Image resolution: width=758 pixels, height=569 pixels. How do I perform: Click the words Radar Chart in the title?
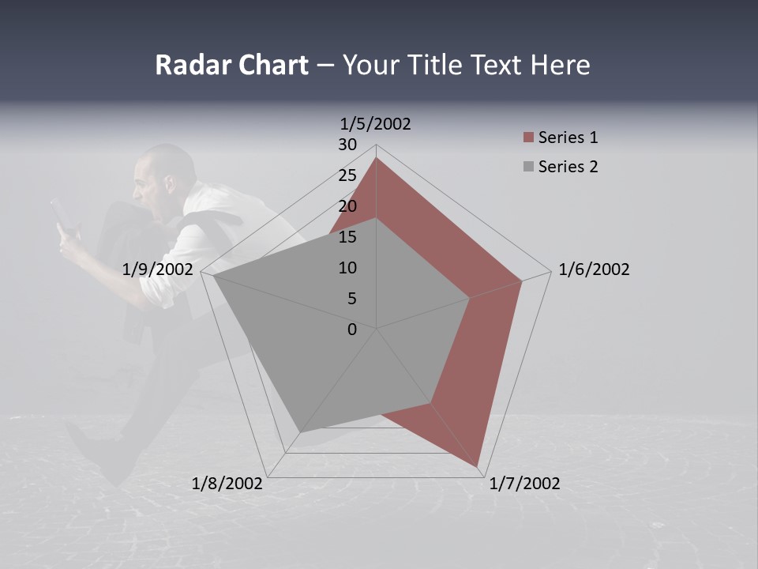coord(231,65)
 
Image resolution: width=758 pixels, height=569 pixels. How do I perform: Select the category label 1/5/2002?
coord(375,123)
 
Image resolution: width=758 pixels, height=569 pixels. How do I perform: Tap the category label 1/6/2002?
coord(594,269)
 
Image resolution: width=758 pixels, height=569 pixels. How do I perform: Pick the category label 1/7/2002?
coord(524,484)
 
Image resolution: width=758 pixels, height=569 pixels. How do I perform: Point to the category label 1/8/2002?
coord(227,484)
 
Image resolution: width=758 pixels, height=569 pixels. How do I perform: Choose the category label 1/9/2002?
coord(158,269)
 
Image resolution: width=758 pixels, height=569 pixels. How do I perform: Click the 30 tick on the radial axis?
coord(347,145)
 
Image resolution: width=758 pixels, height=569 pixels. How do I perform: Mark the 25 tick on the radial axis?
coord(347,175)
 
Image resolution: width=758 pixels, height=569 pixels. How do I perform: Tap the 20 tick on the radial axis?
coord(347,206)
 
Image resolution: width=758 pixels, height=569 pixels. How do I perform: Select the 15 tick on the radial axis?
coord(347,237)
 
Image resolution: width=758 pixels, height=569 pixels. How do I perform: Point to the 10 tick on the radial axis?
coord(347,268)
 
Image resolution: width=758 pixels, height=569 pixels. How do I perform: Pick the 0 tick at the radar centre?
coord(352,330)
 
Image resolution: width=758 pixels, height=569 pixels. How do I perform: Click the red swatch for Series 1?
coord(528,138)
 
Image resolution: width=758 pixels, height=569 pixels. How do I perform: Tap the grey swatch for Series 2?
coord(528,167)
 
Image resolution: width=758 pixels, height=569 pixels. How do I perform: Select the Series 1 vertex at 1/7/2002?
coord(478,466)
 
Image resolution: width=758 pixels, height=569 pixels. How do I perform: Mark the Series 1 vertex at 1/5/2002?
coord(376,158)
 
